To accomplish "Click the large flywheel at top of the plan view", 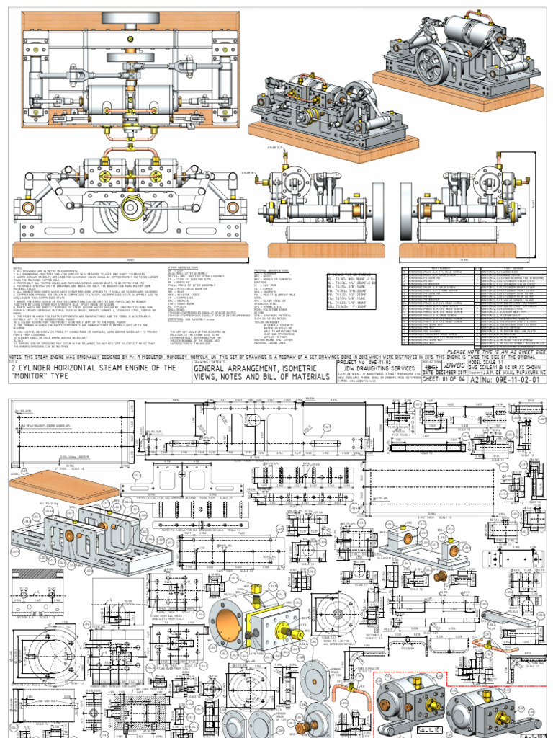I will coord(127,19).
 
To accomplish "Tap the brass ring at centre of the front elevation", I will coord(131,208).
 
